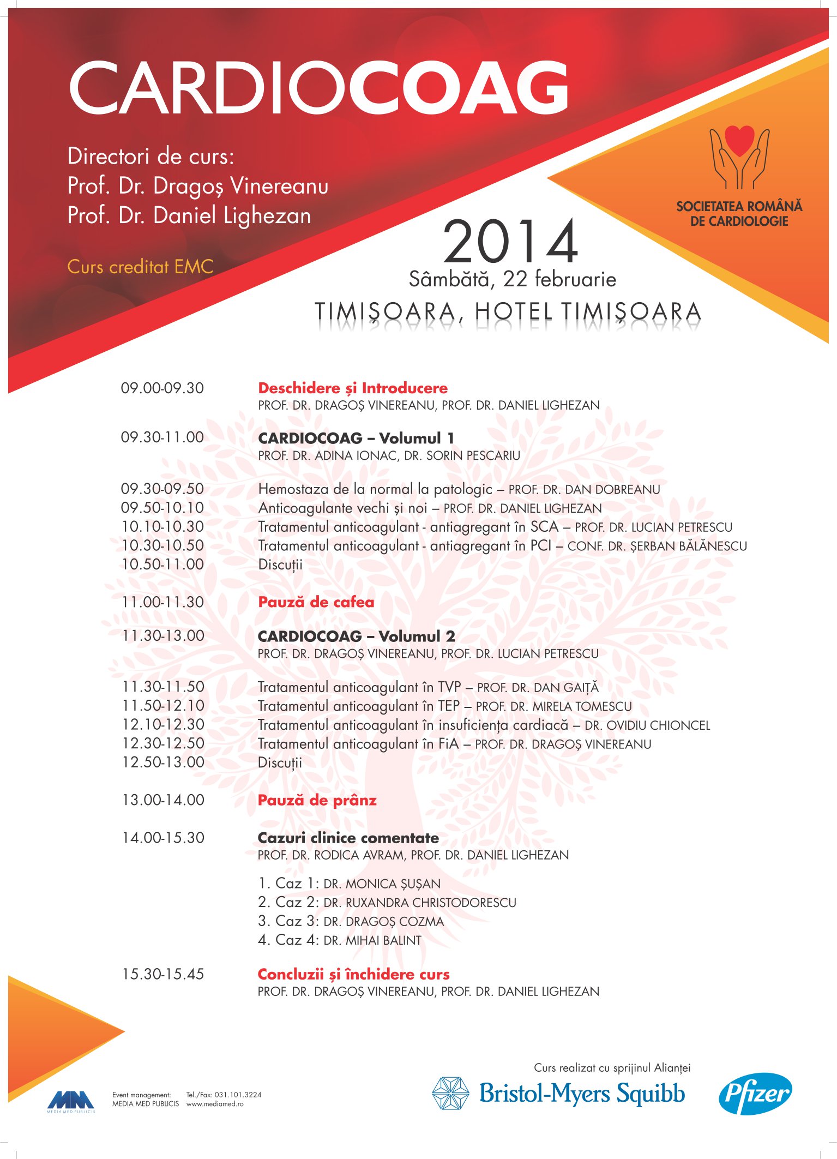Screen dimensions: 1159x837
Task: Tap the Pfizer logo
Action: (x=755, y=1094)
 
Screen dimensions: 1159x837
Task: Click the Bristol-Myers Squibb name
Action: (x=582, y=1094)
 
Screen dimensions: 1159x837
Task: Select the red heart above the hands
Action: (x=739, y=140)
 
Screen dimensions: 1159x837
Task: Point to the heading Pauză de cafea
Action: (x=316, y=602)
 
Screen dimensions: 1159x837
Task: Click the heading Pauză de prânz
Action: (x=317, y=800)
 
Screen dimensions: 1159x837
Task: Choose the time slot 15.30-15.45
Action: (x=163, y=974)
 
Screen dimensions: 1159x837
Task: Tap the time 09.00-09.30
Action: (x=162, y=388)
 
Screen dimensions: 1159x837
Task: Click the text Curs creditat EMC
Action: (x=140, y=267)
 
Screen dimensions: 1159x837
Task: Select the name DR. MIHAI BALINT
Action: (x=372, y=940)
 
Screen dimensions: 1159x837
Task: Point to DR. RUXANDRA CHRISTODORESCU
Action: (x=420, y=903)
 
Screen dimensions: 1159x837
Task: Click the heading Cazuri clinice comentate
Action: (x=348, y=838)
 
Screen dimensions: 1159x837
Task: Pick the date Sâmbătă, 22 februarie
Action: (x=513, y=279)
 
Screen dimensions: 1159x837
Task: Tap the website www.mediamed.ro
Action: (x=215, y=1104)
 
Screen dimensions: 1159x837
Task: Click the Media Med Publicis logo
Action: (x=71, y=1101)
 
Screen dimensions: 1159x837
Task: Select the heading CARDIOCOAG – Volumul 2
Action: (x=356, y=636)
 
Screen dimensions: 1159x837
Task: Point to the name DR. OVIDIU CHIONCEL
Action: (x=647, y=725)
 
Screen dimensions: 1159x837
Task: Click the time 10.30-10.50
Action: (x=162, y=545)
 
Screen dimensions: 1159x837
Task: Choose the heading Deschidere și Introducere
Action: (x=353, y=388)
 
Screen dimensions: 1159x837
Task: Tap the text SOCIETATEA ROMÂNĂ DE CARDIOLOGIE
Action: (x=739, y=213)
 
